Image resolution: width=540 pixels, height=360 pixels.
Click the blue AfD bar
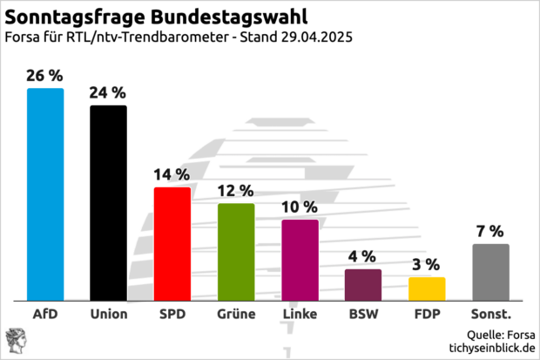pos(45,194)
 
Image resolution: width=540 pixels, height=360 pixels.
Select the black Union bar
pos(109,202)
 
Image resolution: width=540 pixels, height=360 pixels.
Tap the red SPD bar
pos(172,243)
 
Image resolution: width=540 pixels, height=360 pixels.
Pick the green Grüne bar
pos(236,251)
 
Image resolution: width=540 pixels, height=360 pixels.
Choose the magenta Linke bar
pos(300,259)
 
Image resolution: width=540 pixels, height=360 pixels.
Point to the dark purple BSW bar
pos(363,284)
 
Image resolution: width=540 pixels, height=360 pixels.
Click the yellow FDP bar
pos(427,289)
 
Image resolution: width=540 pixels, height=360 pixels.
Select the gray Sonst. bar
pos(490,271)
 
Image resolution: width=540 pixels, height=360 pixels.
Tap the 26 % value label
pos(45,77)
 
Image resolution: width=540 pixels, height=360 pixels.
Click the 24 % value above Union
pos(109,93)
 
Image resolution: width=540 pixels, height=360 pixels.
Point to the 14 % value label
pos(172,175)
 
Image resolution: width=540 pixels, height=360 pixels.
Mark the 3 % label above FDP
pos(427,264)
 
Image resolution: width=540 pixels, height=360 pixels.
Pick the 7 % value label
pos(490,231)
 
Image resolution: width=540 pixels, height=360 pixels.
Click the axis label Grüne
pos(236,314)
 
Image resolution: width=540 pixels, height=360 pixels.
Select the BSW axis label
pos(363,314)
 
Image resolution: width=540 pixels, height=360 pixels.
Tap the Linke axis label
pos(300,314)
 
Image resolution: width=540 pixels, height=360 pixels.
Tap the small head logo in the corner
pos(16,340)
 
